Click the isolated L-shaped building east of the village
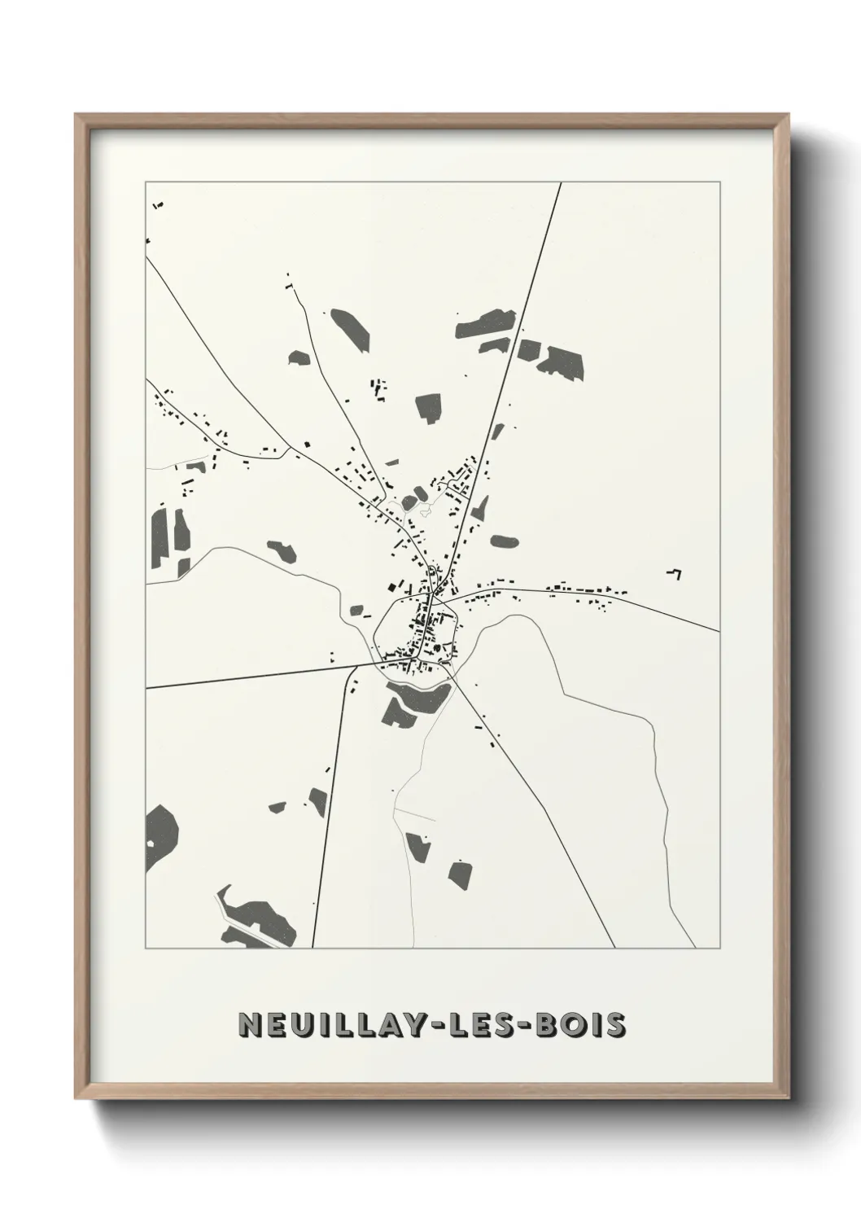click(x=675, y=573)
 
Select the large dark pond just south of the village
click(x=415, y=699)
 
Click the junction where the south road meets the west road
click(x=355, y=666)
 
